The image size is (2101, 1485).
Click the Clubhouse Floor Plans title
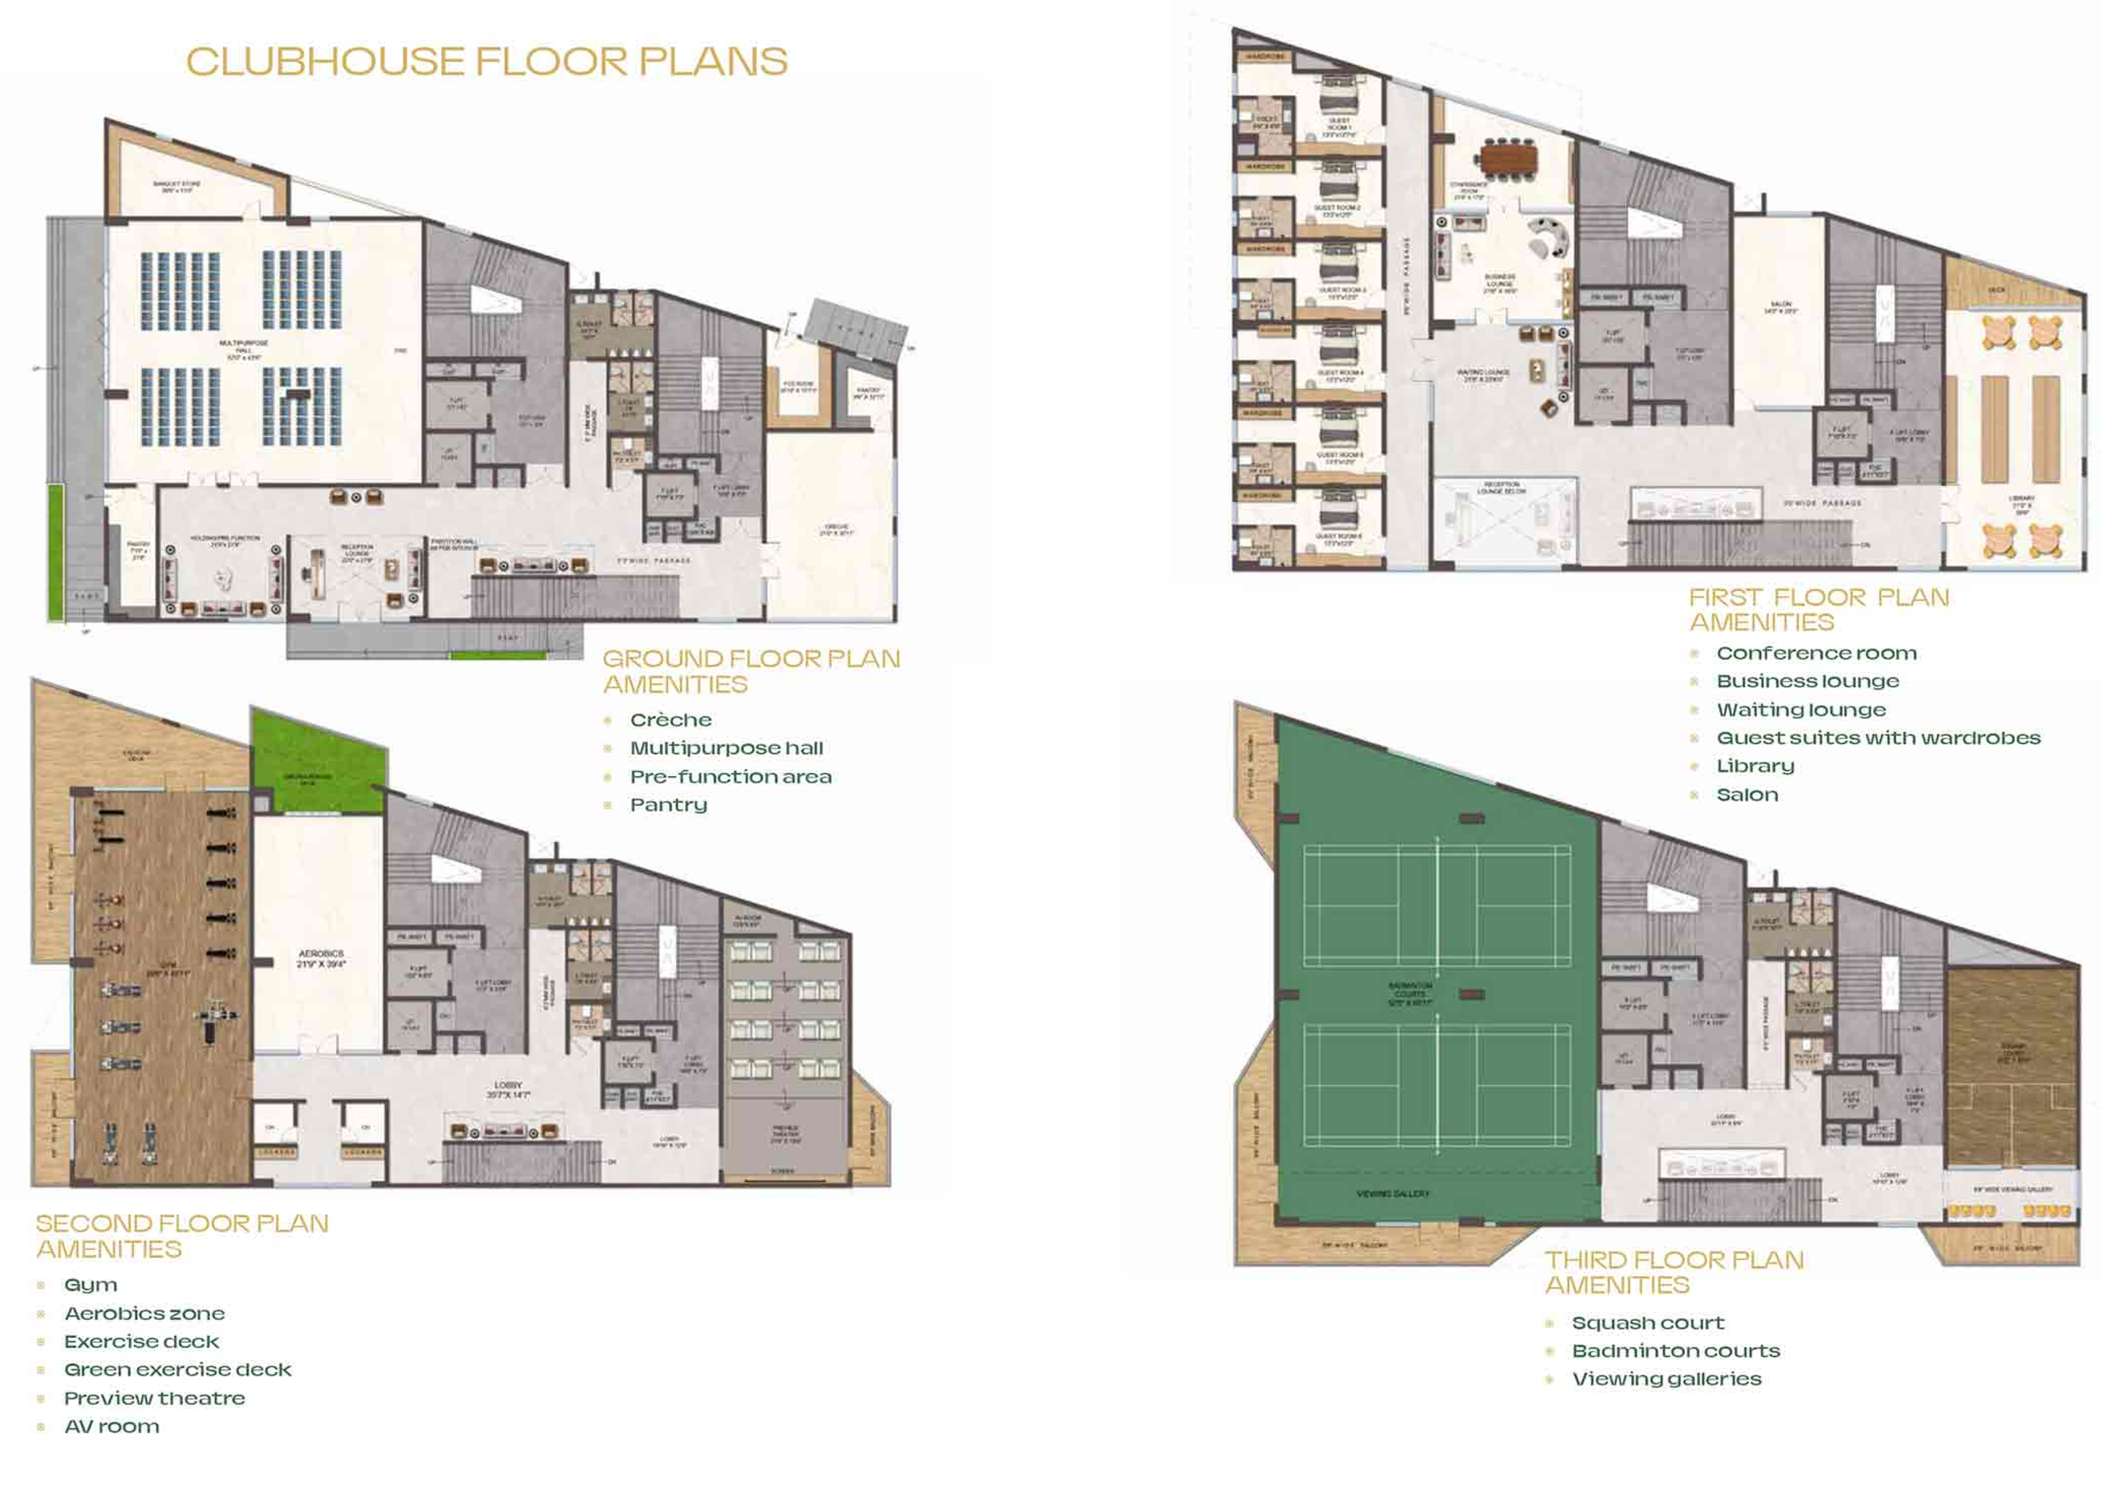click(x=487, y=62)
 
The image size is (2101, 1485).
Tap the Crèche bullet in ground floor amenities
click(x=671, y=720)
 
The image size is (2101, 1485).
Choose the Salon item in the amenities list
click(x=1747, y=794)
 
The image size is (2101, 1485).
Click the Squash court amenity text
click(x=1647, y=1322)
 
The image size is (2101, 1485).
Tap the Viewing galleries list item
click(x=1665, y=1379)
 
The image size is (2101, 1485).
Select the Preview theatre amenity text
click(x=154, y=1398)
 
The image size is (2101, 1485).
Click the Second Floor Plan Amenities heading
click(x=181, y=1235)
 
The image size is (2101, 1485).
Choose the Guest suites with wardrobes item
click(x=1878, y=737)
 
